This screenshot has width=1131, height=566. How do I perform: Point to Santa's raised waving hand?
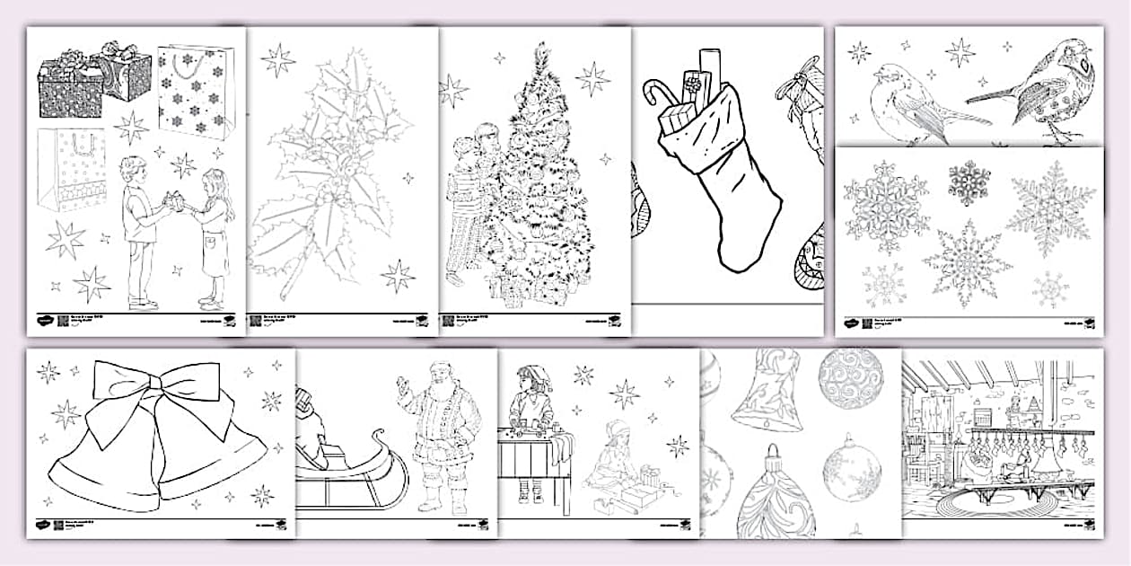point(403,391)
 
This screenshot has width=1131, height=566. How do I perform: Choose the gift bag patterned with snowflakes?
point(196,90)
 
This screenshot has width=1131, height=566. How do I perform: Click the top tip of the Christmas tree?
point(540,49)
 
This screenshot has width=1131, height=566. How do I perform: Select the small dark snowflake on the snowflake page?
point(969,182)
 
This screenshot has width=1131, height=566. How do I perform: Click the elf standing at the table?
point(530,422)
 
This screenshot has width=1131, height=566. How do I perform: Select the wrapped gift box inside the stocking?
point(690,90)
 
